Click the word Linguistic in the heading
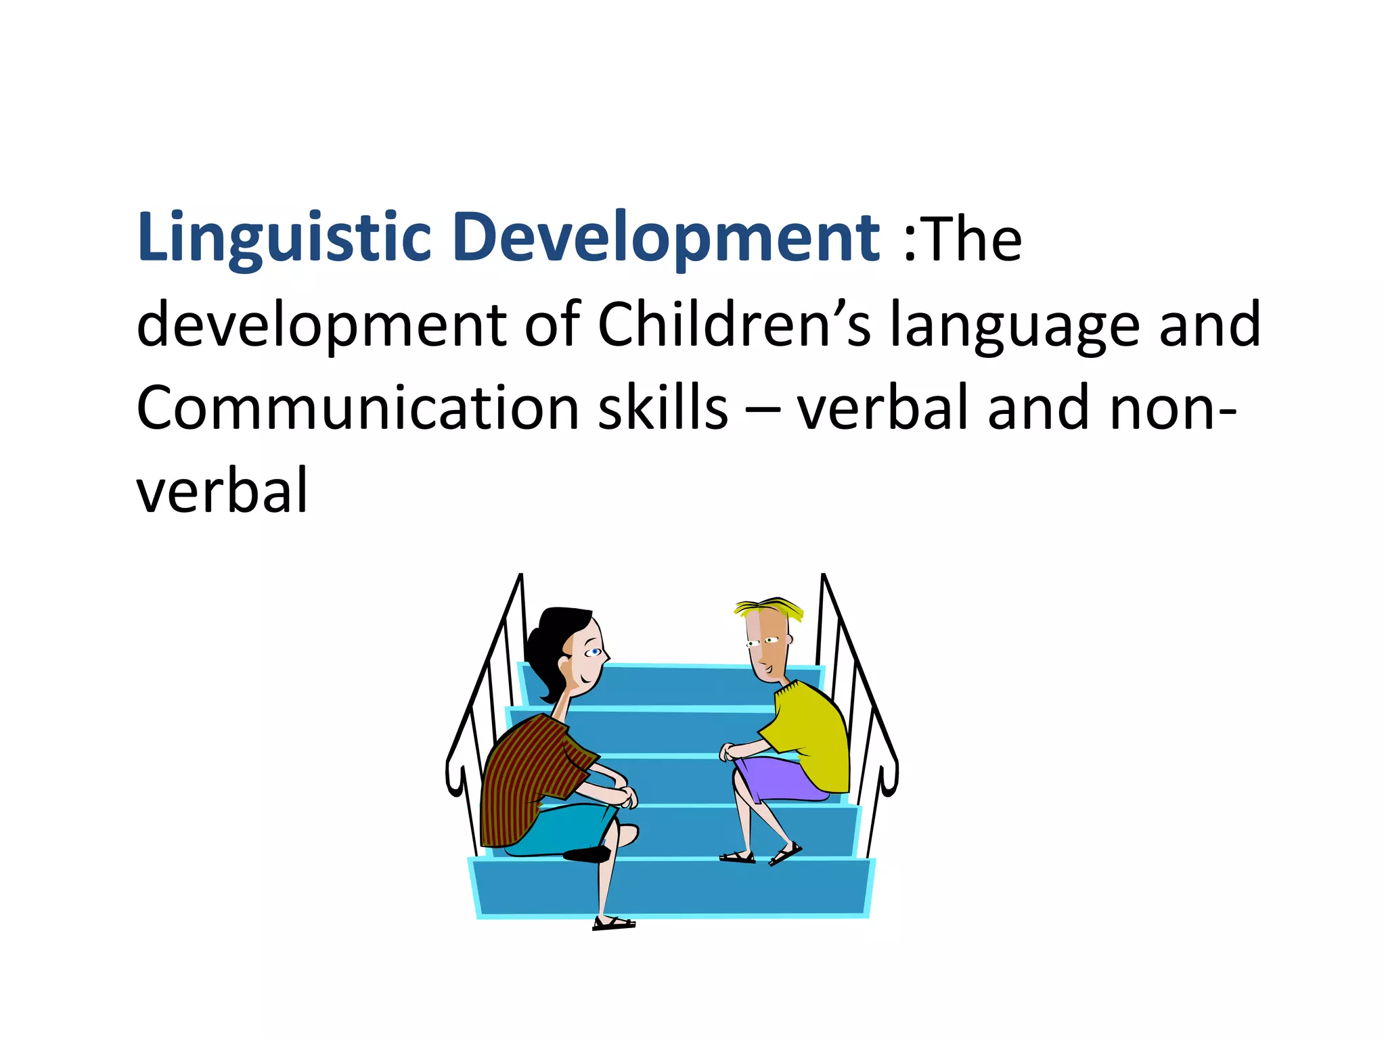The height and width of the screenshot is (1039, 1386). (x=284, y=238)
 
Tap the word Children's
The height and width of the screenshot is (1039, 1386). (x=734, y=325)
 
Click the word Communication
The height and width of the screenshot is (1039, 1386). (x=357, y=408)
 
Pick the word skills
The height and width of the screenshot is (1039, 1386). (x=663, y=408)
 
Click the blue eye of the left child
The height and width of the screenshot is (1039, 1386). (x=595, y=652)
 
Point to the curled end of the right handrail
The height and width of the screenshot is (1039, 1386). (x=889, y=778)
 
